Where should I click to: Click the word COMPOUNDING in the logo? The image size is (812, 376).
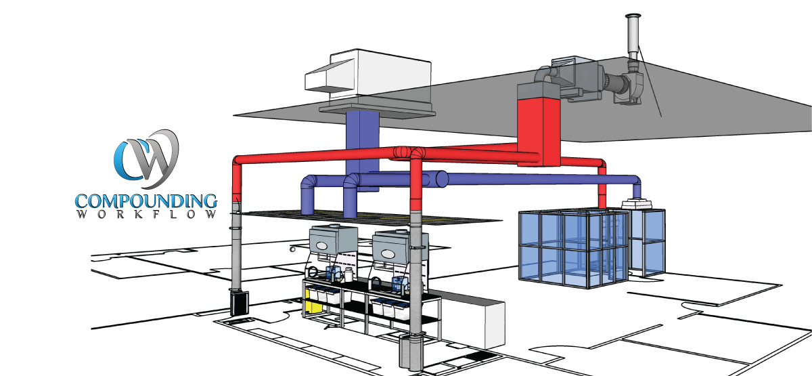pyautogui.click(x=146, y=201)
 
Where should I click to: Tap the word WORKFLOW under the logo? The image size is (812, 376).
pyautogui.click(x=146, y=214)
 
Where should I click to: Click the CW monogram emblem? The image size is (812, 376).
pyautogui.click(x=147, y=159)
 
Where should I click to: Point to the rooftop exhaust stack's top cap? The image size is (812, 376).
pyautogui.click(x=633, y=17)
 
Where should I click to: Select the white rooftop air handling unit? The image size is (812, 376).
pyautogui.click(x=368, y=75)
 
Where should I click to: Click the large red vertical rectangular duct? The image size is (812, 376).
pyautogui.click(x=539, y=131)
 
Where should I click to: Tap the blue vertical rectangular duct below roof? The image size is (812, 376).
pyautogui.click(x=362, y=145)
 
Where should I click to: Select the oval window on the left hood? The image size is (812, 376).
pyautogui.click(x=321, y=246)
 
